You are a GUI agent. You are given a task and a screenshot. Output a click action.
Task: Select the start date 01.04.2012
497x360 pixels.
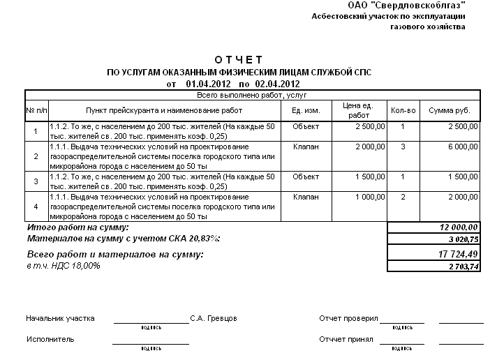point(209,84)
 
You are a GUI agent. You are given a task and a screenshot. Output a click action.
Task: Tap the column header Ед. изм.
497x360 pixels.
point(306,110)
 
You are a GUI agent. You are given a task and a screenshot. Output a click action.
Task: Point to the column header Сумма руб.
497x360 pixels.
point(450,110)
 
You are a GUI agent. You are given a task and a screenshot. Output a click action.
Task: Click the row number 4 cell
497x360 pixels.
point(36,207)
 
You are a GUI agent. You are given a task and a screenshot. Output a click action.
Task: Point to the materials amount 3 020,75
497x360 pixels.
point(461,239)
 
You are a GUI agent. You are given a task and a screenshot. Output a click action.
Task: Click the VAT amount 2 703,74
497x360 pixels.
point(461,267)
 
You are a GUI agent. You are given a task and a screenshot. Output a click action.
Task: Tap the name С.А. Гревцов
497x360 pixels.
point(214,318)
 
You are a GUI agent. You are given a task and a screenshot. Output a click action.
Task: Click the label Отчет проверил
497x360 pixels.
point(348,318)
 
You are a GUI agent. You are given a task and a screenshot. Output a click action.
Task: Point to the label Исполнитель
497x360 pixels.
point(50,339)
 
